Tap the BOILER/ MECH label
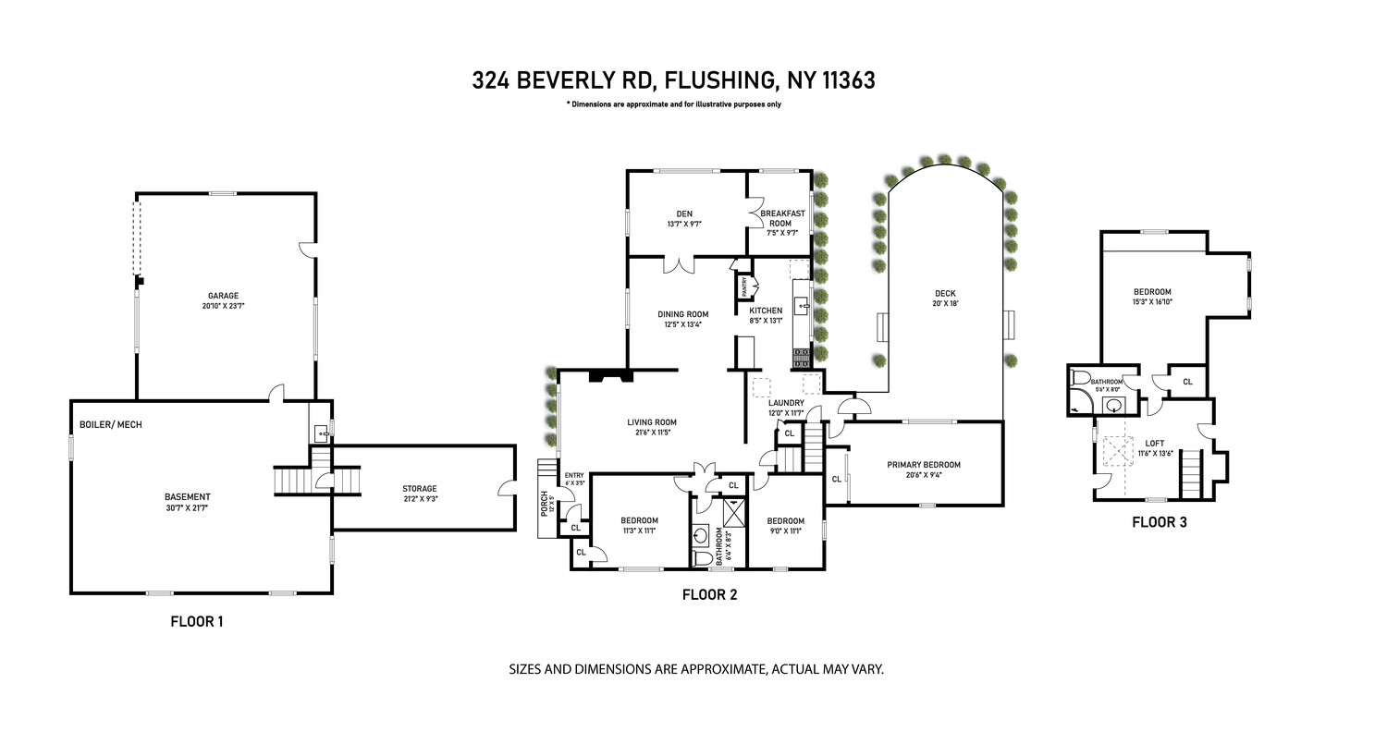click(110, 425)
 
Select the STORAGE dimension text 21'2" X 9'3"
click(419, 500)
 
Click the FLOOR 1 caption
click(197, 622)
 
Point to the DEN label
click(684, 213)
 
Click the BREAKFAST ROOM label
click(782, 218)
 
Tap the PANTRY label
click(743, 286)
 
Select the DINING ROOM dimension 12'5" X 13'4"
click(683, 324)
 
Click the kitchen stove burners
click(802, 357)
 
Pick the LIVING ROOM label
click(653, 422)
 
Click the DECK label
click(945, 294)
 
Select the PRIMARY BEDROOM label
click(923, 465)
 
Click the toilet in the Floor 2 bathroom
click(702, 557)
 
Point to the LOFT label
click(1153, 443)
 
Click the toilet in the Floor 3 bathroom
click(1080, 378)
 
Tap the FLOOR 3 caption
click(1159, 522)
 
